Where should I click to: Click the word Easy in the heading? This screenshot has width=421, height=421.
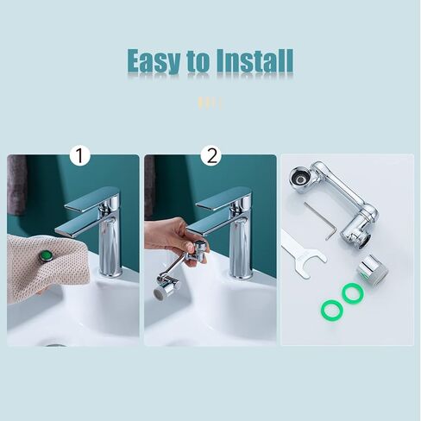click(154, 60)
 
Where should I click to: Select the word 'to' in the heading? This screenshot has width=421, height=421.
click(198, 62)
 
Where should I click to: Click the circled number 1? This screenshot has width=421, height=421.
click(80, 156)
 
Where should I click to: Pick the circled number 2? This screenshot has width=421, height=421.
click(211, 155)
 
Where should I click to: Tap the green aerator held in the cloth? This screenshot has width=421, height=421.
click(46, 255)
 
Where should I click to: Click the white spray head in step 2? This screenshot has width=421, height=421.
click(160, 294)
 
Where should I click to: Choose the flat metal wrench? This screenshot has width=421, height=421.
click(303, 255)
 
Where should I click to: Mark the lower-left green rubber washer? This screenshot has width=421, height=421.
click(332, 310)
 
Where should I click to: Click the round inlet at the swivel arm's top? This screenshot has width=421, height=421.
click(299, 179)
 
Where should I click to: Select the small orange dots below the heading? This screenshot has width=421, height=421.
click(210, 103)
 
